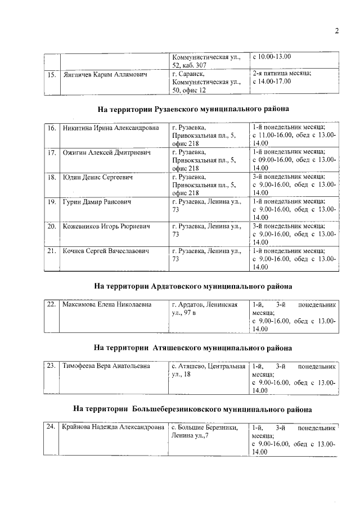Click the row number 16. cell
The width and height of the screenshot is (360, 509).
pos(51,128)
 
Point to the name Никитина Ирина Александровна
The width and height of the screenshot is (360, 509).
pos(111,128)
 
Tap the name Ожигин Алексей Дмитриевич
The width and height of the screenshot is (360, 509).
pos(104,152)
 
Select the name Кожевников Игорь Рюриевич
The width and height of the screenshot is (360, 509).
pos(106,226)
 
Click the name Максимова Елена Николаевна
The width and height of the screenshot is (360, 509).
pos(107,305)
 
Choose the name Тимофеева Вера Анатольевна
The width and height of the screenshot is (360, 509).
pos(106,366)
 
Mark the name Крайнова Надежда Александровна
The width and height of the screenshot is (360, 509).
pos(111,427)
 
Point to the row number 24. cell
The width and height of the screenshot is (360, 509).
pos(51,427)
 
